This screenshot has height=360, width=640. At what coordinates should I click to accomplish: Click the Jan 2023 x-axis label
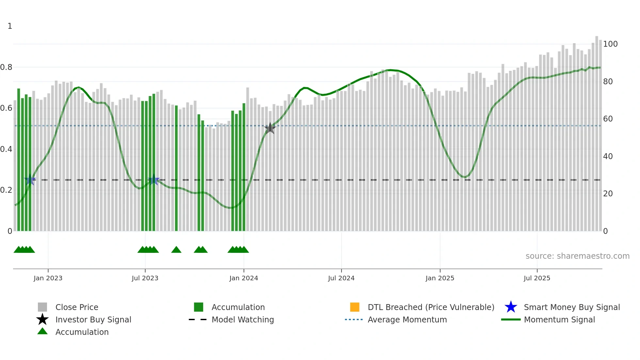tap(48, 278)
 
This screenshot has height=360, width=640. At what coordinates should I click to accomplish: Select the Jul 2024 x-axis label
tap(341, 278)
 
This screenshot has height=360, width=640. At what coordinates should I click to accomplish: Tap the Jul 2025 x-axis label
tap(537, 278)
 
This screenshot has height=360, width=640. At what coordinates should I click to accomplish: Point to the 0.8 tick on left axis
tap(6, 67)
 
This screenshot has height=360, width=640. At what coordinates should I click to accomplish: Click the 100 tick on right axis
tap(610, 44)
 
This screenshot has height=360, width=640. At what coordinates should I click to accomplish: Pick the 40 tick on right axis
tap(608, 156)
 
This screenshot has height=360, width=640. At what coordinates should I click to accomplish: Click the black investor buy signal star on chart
tap(270, 128)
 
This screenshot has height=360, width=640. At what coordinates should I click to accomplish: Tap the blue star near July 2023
tap(153, 180)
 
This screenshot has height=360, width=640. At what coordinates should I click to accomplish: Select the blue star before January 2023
tap(30, 180)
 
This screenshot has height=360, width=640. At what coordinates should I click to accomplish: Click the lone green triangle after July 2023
tap(176, 250)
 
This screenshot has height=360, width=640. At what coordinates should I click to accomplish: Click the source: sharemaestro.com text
tap(577, 256)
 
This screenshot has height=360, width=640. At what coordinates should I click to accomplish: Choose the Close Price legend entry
tap(77, 307)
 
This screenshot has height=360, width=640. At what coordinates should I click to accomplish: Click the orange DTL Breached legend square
tap(355, 307)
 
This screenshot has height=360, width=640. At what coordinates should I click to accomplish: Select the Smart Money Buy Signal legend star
tap(511, 307)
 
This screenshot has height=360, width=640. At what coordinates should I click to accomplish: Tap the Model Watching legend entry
tap(242, 319)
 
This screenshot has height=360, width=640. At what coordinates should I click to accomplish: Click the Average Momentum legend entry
tap(407, 319)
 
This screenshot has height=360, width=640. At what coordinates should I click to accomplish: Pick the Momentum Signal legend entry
tap(559, 319)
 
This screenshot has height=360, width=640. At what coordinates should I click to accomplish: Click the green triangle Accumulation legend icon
tap(42, 332)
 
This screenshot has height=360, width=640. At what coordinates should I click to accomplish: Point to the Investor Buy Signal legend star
tap(42, 319)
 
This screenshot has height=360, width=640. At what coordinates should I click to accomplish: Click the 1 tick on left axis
tap(10, 26)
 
